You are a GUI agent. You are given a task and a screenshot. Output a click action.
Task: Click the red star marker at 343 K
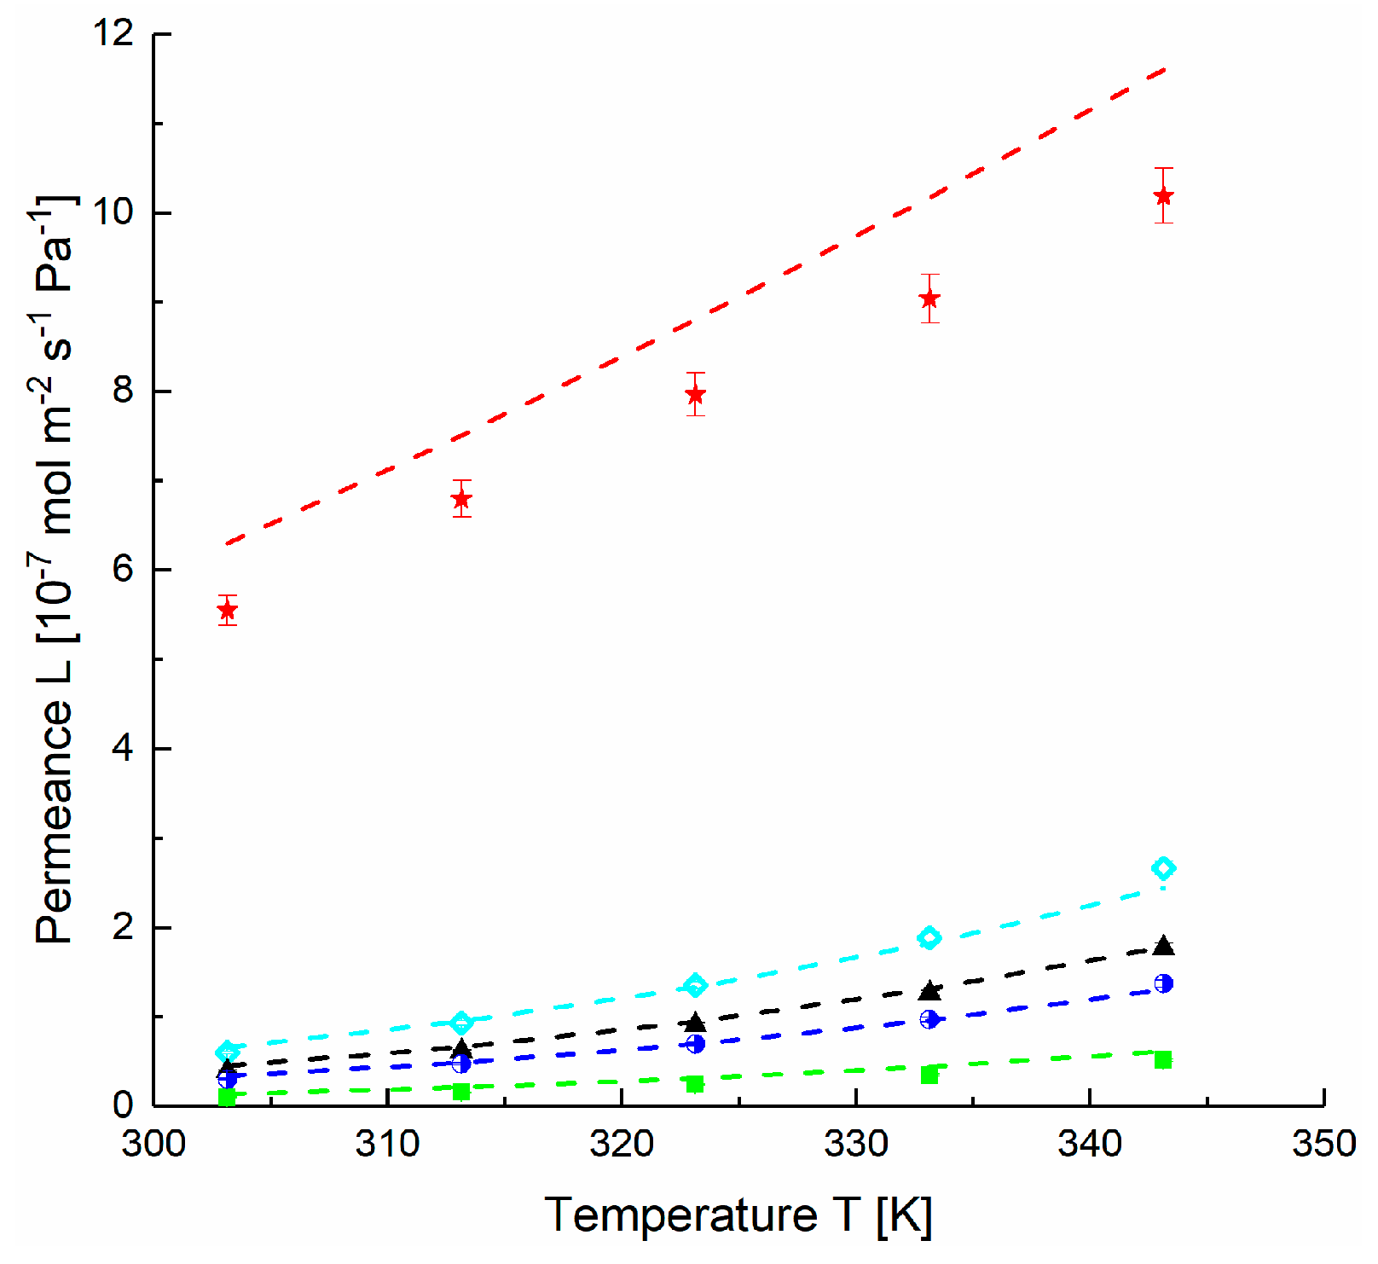1163,196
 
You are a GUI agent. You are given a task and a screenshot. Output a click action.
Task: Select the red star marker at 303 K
227,610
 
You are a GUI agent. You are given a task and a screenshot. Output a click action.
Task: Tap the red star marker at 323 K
696,395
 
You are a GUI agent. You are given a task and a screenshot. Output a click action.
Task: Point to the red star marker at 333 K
929,299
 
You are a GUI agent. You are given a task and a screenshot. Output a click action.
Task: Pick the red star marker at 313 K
461,499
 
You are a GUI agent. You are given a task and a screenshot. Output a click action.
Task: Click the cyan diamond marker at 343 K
1163,868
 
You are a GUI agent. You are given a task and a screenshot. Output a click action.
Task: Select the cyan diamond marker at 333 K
929,938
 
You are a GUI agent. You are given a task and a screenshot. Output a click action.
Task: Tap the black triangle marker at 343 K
1163,946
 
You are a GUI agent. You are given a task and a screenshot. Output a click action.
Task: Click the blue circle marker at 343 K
1163,983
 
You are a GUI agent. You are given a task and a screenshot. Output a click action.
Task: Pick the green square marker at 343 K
1163,1060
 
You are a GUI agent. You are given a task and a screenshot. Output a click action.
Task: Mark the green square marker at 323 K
696,1084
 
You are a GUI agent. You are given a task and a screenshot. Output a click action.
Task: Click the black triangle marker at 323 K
696,1022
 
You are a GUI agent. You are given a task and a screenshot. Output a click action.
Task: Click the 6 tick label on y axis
124,570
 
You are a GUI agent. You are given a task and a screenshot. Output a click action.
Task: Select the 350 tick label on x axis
1323,1144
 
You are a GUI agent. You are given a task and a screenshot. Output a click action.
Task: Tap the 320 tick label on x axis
622,1144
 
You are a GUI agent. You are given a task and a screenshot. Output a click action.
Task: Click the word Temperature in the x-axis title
680,1215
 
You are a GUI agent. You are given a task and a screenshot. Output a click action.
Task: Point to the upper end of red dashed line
1165,69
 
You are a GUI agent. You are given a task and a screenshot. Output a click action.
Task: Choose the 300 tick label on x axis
153,1144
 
